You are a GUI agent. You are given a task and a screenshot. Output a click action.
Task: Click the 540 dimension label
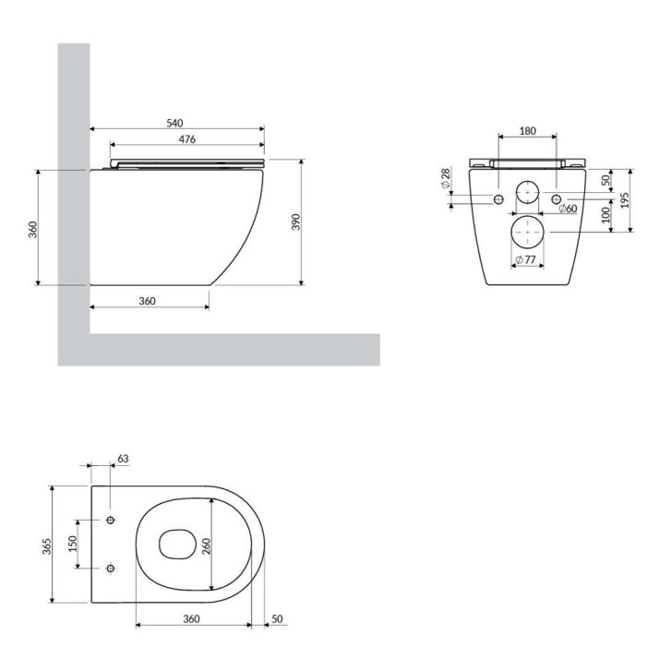click(174, 124)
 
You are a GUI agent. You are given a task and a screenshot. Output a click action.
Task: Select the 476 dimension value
click(187, 139)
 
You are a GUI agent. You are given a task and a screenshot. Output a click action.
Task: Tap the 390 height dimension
click(296, 222)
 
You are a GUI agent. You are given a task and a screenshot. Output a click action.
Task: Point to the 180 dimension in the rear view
click(528, 131)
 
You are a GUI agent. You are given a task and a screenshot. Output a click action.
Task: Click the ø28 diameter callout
click(446, 178)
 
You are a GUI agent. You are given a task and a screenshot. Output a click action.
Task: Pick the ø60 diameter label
click(568, 209)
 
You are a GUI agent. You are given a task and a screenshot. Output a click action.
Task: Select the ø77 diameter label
click(525, 259)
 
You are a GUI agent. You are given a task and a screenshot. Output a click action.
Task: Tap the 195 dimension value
click(625, 200)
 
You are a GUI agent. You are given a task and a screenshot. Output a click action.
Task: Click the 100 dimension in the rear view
click(605, 215)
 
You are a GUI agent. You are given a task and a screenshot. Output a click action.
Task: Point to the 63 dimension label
click(123, 459)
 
